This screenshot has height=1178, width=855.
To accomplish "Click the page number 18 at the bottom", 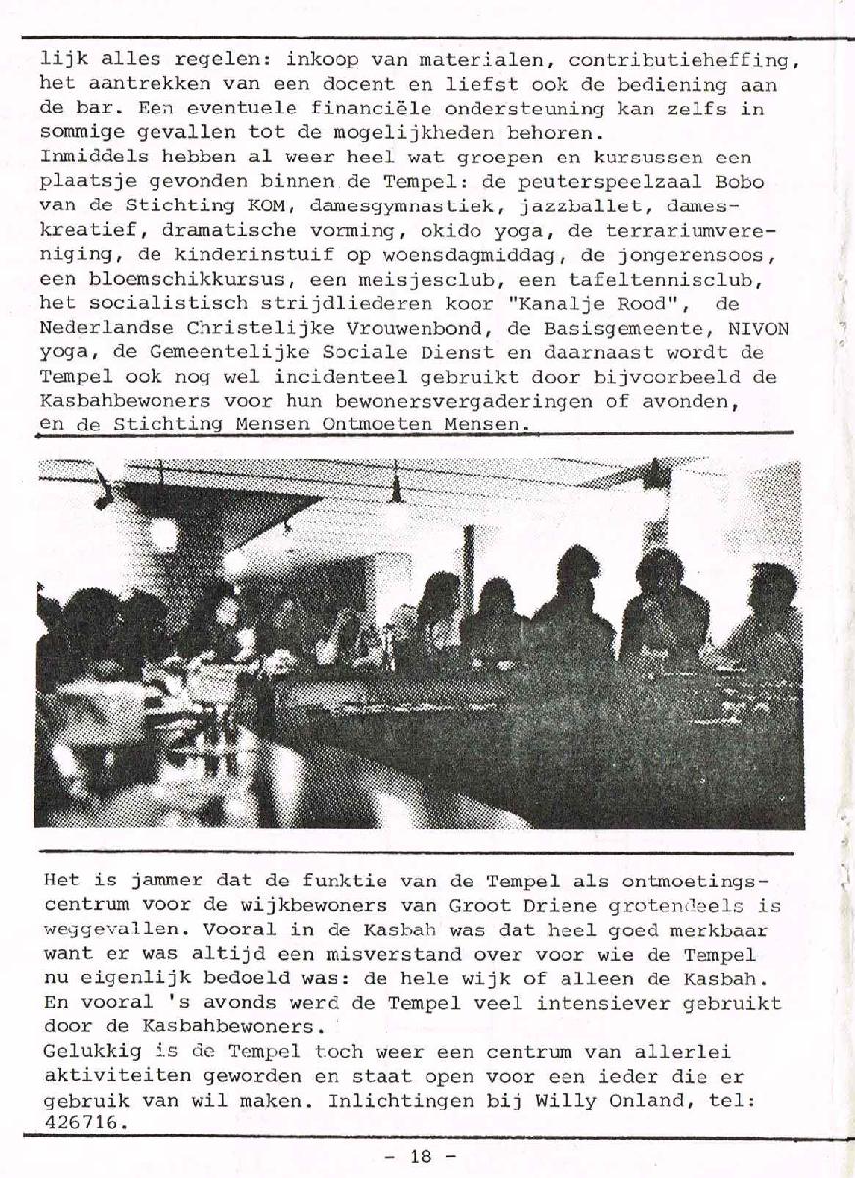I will coord(421,1155).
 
